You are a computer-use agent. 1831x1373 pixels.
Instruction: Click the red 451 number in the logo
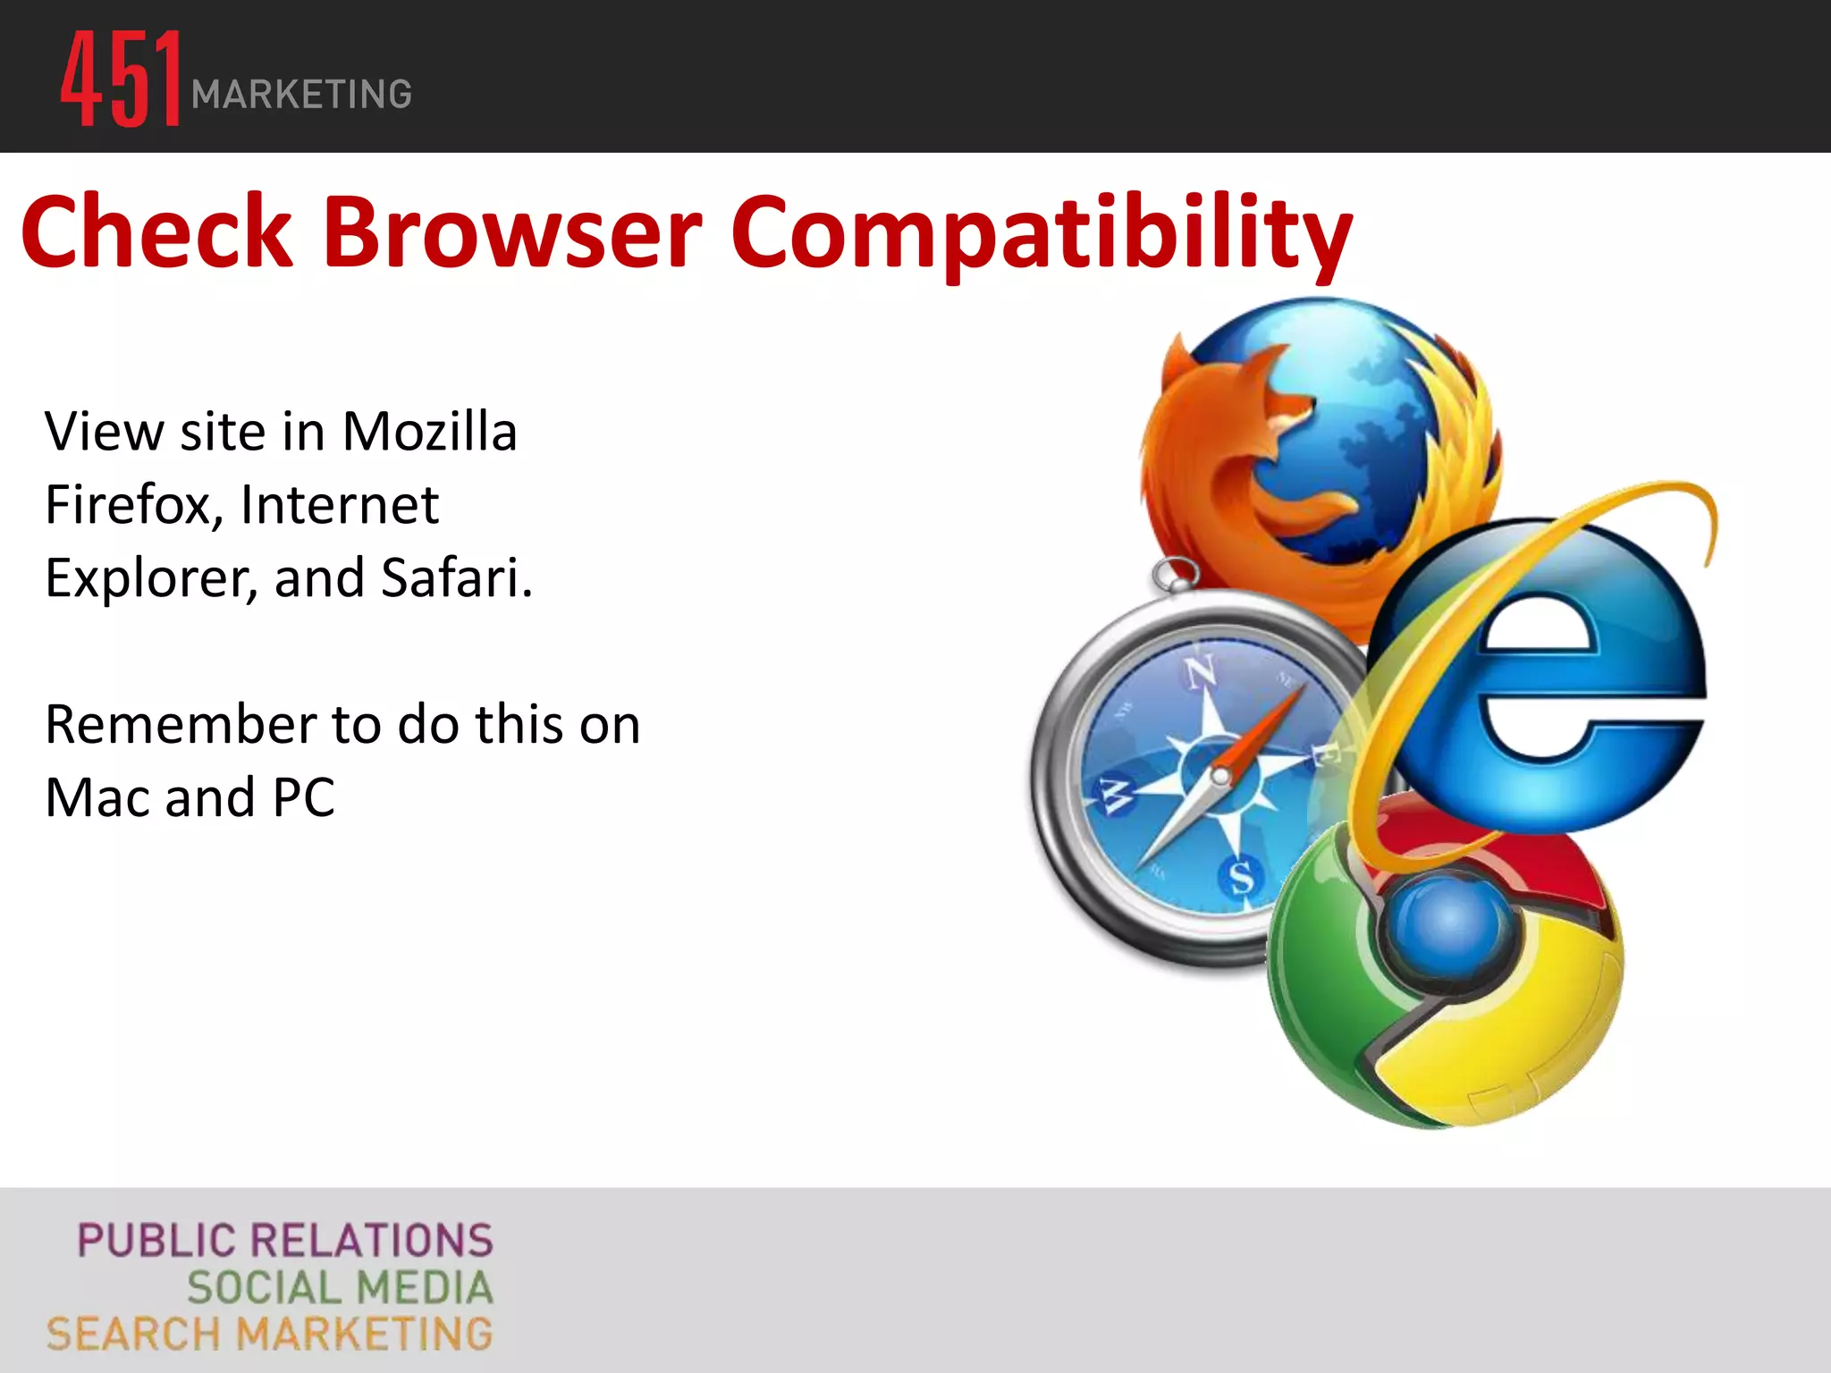pos(121,79)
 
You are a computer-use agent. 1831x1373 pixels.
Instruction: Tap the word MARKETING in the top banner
pos(301,95)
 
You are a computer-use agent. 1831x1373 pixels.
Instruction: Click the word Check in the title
pos(157,232)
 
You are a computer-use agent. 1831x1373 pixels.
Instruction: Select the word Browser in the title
pos(512,232)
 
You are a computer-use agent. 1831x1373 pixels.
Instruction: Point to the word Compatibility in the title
pos(1041,234)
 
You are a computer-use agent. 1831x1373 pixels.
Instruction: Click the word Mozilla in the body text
pos(429,432)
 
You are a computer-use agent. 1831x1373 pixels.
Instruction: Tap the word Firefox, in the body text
pos(134,505)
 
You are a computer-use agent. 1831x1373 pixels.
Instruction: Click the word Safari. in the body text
pos(457,577)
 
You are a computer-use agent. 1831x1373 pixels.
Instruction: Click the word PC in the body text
pos(304,797)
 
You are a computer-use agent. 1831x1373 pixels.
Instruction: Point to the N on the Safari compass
pos(1200,672)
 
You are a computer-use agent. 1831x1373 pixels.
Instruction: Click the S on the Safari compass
pos(1241,876)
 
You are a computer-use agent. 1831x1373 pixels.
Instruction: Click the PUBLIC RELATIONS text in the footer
pos(285,1241)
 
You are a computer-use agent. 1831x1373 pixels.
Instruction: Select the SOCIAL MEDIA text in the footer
pos(340,1288)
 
